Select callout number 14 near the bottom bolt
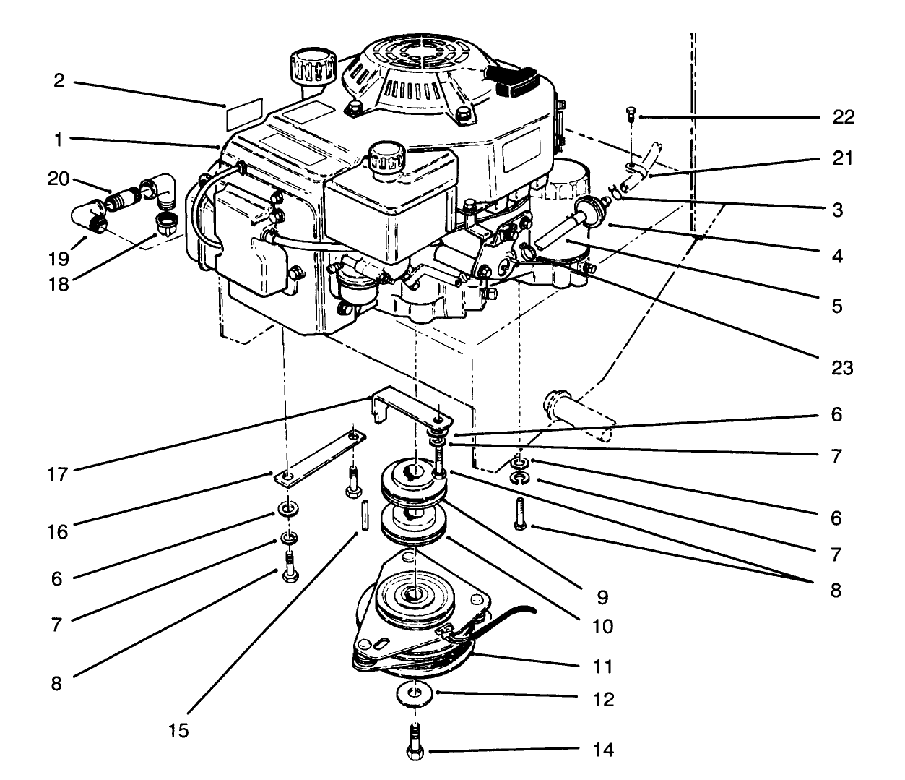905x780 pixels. click(602, 750)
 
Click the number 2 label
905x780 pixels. click(59, 80)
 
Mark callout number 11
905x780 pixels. click(602, 665)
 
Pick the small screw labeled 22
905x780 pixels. click(629, 113)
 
